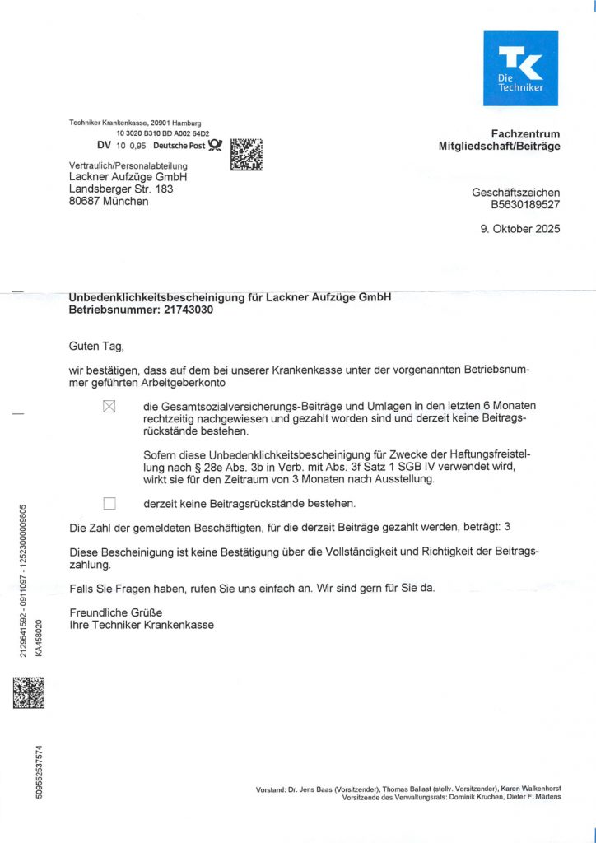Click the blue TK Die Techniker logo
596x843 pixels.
coord(520,68)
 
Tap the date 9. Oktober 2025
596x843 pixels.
coord(520,229)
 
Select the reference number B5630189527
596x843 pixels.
coord(525,204)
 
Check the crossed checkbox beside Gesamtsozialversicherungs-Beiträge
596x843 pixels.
coord(109,406)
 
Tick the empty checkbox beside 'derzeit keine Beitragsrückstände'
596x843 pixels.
coord(109,503)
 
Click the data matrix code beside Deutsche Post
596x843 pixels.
coord(247,154)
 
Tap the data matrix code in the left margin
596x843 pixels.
coord(29,692)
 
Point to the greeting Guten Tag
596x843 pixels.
coord(96,347)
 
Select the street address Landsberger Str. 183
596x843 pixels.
coord(121,189)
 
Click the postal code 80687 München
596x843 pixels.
coord(109,201)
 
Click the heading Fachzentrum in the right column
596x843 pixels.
coord(525,133)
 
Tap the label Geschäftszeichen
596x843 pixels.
coord(515,192)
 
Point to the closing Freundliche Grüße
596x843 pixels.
coord(116,612)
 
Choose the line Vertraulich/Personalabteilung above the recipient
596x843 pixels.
coord(128,165)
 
